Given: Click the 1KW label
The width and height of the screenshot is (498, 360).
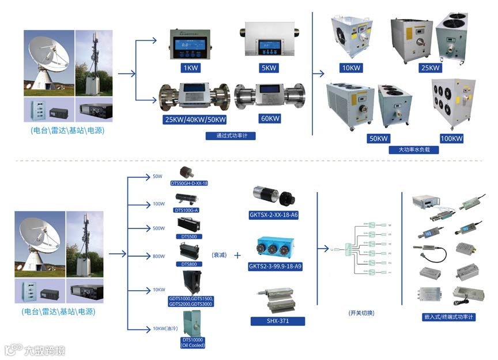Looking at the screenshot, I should click(x=190, y=68).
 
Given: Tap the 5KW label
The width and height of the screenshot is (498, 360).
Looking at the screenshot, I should click(x=269, y=68).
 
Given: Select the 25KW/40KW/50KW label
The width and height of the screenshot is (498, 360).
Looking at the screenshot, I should click(x=195, y=120).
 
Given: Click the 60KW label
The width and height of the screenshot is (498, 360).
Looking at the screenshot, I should click(x=270, y=119).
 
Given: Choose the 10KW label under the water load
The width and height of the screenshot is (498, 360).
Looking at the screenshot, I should click(x=350, y=68).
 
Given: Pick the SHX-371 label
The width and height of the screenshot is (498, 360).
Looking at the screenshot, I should click(x=278, y=321).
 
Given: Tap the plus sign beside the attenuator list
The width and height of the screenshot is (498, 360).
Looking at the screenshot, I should click(x=237, y=254).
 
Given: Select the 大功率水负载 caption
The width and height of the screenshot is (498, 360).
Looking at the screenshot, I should click(x=410, y=149).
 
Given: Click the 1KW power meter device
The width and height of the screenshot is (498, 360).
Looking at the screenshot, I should click(x=190, y=44).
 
